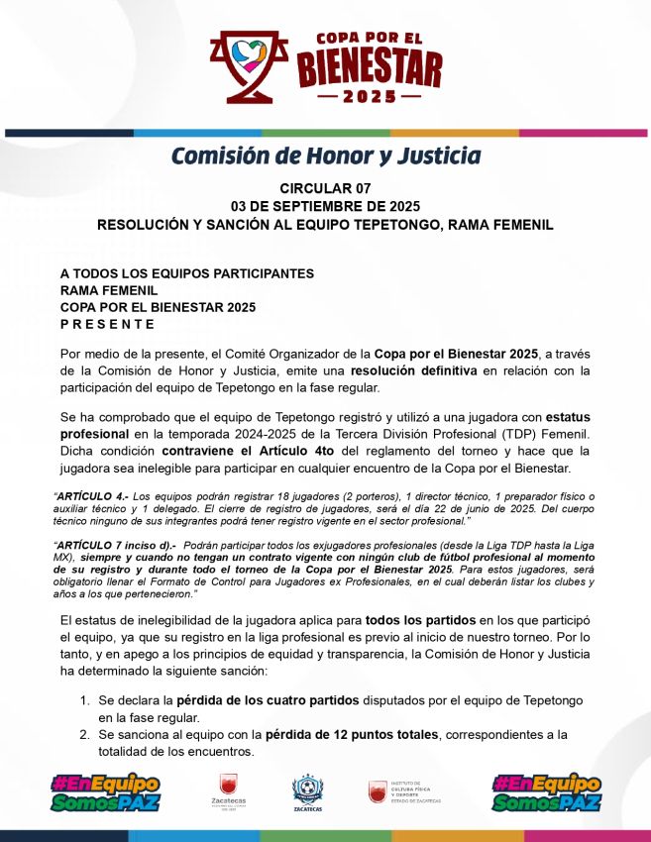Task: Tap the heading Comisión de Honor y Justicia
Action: [x=326, y=156]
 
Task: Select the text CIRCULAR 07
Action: [x=325, y=188]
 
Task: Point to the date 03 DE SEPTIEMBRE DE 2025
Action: [x=325, y=206]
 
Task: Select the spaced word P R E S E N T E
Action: [x=107, y=324]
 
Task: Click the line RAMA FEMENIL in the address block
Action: [x=108, y=290]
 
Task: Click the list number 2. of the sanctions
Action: [x=85, y=735]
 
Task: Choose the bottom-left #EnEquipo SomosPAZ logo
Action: [x=105, y=792]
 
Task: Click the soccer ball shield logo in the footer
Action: [x=307, y=789]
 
